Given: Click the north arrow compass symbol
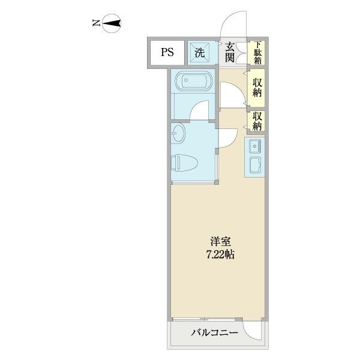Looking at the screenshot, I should click(x=113, y=24).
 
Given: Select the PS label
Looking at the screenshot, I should click(x=167, y=52).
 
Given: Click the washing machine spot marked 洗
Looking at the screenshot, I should click(x=199, y=52).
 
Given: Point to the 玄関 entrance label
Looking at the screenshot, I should click(x=230, y=52).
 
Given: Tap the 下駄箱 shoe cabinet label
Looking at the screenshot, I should click(x=257, y=52).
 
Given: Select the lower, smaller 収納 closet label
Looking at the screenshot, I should click(x=257, y=121).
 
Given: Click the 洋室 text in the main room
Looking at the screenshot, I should click(x=217, y=242).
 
